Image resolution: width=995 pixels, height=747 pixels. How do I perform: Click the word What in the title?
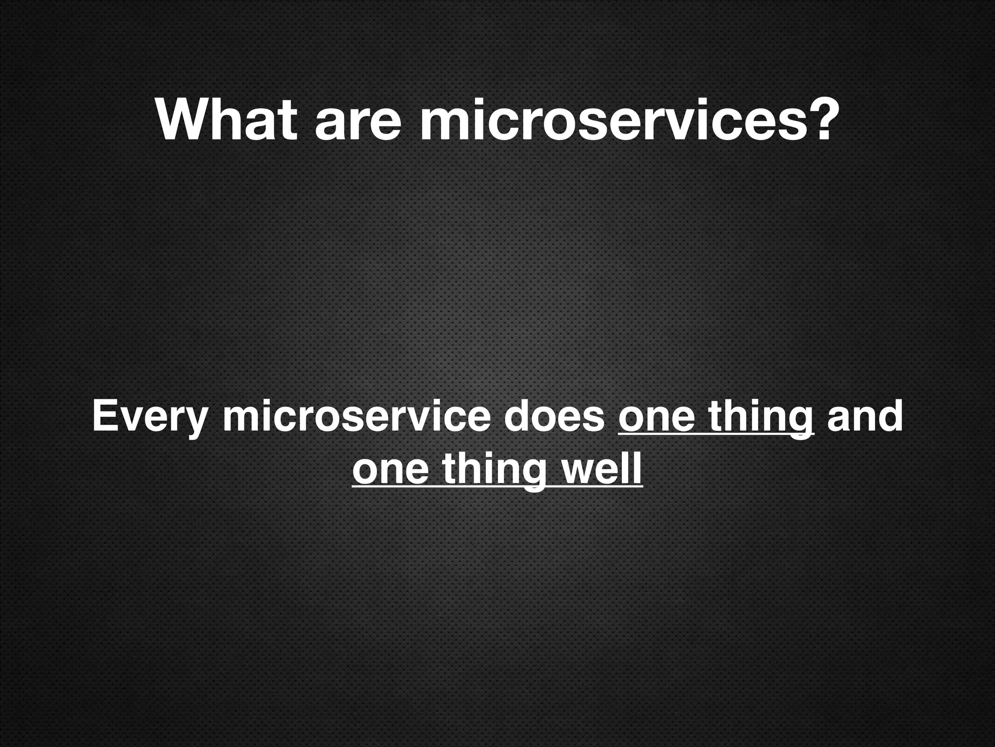(x=226, y=120)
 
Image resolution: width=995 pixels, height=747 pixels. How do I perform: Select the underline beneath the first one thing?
(x=716, y=436)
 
